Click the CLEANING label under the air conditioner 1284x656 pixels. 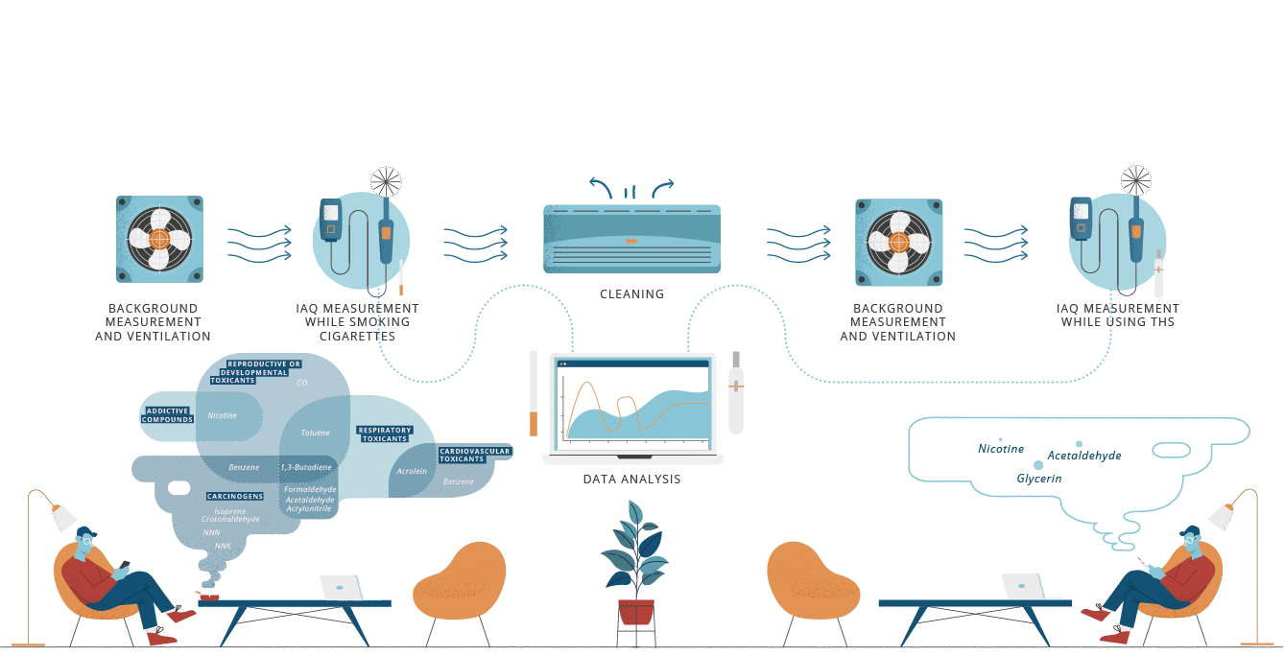click(x=631, y=293)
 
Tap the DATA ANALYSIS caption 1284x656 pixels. click(x=631, y=479)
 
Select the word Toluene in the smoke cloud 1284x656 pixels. click(x=315, y=433)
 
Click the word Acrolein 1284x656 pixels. click(x=412, y=471)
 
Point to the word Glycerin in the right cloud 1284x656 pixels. click(x=1038, y=478)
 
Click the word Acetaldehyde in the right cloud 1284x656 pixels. click(x=1083, y=456)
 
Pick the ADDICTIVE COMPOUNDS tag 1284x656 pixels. click(x=168, y=415)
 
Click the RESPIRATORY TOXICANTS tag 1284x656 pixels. click(x=384, y=433)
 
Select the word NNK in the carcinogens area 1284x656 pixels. click(x=223, y=546)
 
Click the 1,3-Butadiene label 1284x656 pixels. click(x=306, y=467)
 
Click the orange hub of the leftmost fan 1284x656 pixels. click(x=159, y=238)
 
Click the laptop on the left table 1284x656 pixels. click(x=341, y=587)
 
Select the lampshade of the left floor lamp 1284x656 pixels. click(x=63, y=518)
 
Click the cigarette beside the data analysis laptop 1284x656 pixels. click(x=534, y=393)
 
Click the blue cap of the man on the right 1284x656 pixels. click(x=1192, y=530)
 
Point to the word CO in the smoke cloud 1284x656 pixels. click(x=301, y=383)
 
